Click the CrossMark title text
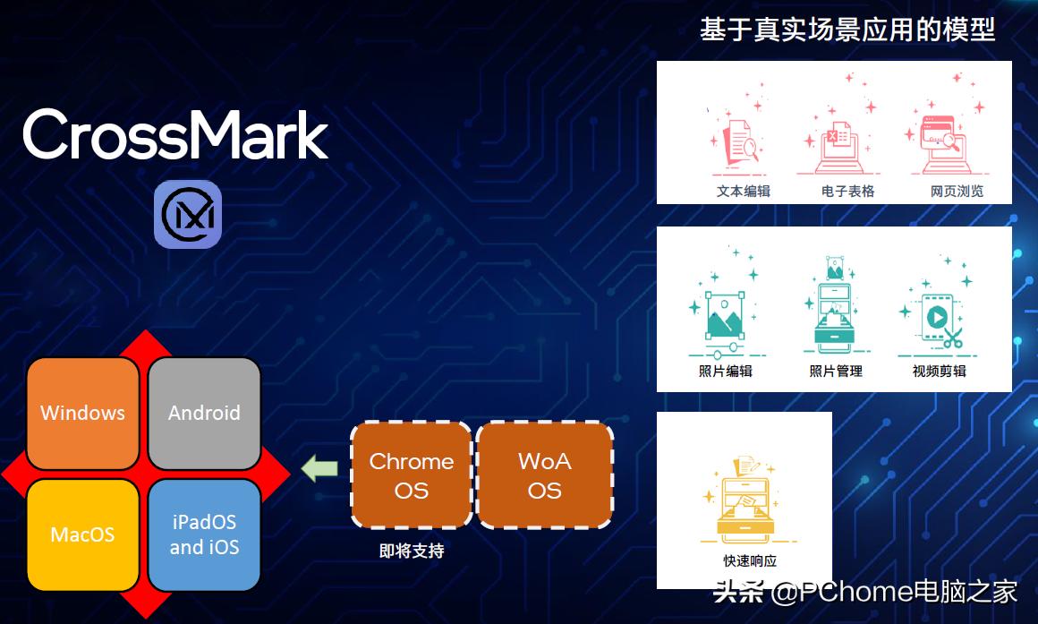click(175, 135)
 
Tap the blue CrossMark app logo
click(187, 214)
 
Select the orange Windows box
click(83, 413)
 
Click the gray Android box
click(204, 413)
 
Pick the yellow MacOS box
click(83, 534)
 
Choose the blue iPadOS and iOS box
click(204, 534)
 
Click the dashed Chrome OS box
click(412, 475)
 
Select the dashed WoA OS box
click(544, 475)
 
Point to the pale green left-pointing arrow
click(319, 467)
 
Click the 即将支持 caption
click(412, 551)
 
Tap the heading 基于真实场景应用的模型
click(847, 30)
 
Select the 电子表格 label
click(847, 191)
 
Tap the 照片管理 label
click(836, 371)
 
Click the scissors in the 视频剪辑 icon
click(952, 338)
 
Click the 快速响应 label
click(750, 561)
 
